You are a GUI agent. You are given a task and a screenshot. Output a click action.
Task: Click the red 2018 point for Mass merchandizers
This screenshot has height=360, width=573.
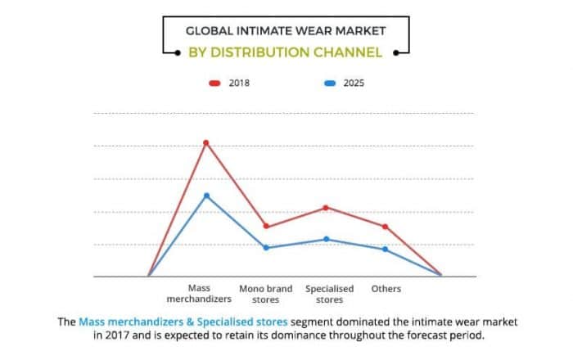click(206, 142)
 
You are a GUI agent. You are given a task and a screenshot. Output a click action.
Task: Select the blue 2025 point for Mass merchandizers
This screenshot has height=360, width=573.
click(206, 196)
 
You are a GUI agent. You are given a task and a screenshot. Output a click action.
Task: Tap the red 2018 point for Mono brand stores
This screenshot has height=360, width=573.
click(266, 226)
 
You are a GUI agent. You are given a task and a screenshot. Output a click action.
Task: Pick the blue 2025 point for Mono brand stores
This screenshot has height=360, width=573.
click(266, 248)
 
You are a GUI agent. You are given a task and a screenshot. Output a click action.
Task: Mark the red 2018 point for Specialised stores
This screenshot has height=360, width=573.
click(326, 208)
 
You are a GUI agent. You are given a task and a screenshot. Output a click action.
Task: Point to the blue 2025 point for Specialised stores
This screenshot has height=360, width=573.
click(327, 239)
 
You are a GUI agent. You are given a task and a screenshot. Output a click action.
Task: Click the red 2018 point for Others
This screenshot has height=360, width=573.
click(386, 227)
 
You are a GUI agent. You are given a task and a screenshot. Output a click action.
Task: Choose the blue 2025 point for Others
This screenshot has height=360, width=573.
click(386, 250)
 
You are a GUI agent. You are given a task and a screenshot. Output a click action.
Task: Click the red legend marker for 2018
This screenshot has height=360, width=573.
click(214, 83)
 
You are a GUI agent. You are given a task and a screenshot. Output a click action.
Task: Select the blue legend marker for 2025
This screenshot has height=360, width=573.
click(330, 83)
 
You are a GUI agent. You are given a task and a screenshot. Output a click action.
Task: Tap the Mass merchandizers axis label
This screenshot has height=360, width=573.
click(199, 294)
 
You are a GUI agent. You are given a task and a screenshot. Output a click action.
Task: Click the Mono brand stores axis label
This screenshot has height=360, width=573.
click(266, 295)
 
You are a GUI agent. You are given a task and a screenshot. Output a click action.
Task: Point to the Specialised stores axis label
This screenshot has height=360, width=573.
click(329, 295)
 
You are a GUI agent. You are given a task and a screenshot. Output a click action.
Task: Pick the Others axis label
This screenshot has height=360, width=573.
click(386, 289)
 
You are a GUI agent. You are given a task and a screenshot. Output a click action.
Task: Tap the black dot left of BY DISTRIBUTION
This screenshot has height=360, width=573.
click(178, 53)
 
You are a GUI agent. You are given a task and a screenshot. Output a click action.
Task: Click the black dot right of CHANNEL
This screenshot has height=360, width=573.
click(395, 53)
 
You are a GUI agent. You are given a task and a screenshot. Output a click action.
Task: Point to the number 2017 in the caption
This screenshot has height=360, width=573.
click(117, 335)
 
